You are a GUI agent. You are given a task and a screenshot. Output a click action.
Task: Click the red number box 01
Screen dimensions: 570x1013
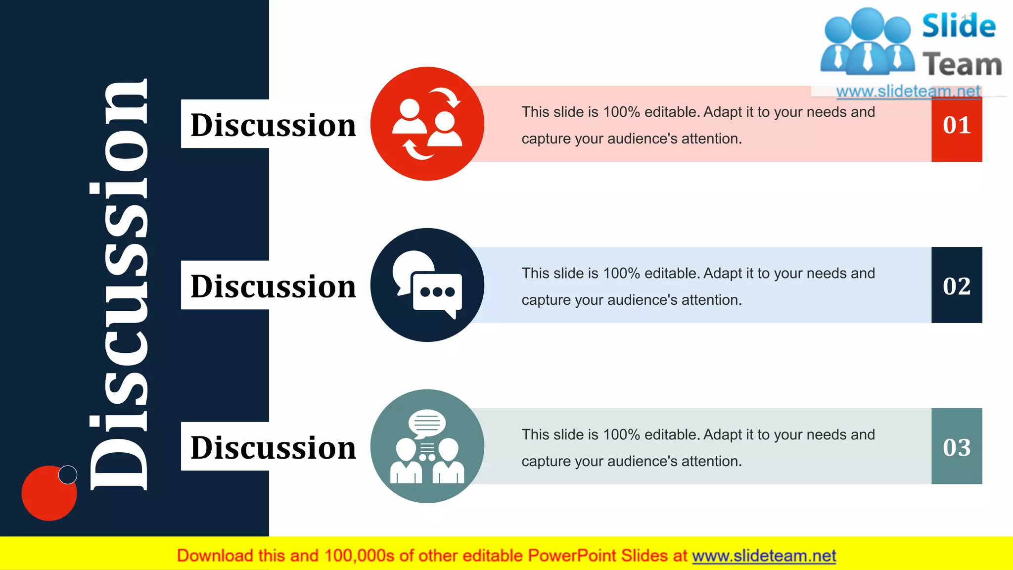957,126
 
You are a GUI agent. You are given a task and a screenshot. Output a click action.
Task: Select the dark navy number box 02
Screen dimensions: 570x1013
957,285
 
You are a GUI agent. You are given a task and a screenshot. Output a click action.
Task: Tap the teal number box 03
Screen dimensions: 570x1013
957,447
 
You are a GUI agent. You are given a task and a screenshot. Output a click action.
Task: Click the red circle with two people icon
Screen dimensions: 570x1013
427,124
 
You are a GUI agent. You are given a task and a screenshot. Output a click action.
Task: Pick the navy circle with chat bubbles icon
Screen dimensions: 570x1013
427,285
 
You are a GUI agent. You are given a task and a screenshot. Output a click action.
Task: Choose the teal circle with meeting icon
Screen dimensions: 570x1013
427,446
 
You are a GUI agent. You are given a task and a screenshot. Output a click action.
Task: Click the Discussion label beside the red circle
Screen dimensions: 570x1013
273,125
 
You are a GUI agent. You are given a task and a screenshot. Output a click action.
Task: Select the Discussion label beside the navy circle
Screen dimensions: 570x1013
273,286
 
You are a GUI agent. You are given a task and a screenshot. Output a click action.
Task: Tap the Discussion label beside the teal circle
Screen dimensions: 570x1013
273,447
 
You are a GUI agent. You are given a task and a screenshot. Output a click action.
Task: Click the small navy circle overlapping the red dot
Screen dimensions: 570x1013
68,475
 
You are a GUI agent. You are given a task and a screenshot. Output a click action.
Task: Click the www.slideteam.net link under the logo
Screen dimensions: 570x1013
908,92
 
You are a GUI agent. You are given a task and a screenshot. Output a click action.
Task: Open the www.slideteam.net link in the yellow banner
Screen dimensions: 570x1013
764,556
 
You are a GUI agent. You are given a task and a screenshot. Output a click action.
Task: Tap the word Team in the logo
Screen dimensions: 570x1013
962,65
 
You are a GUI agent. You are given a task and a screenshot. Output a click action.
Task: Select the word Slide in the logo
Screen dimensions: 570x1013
959,26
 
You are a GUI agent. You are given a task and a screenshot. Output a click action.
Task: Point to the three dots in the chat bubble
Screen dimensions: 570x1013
437,291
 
